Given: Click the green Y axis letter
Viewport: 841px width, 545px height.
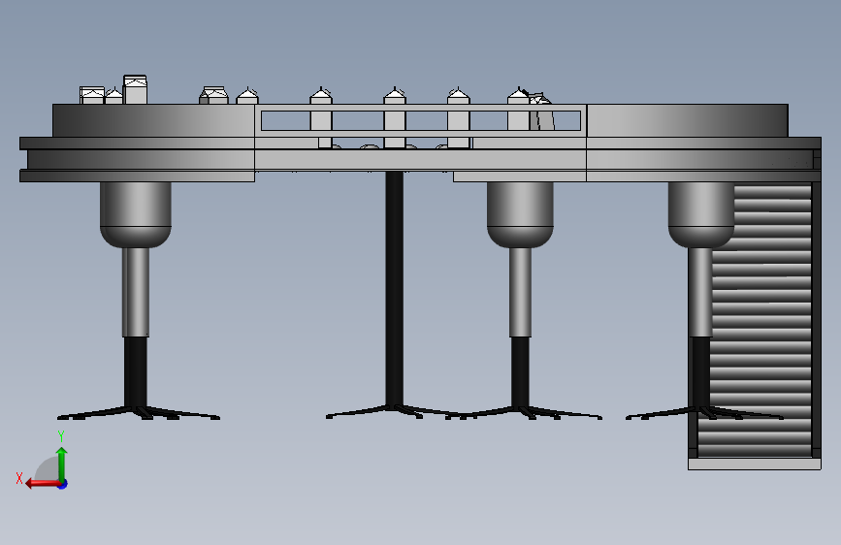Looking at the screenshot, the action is coord(61,436).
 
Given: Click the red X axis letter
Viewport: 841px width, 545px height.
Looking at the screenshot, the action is coord(19,478).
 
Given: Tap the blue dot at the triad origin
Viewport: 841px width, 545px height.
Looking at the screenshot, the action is coord(63,484).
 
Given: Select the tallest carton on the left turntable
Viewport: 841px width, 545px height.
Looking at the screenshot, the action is coord(135,89).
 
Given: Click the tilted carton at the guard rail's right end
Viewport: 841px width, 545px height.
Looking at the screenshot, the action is coord(540,112).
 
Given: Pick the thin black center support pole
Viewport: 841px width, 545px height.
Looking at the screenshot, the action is coord(394,289).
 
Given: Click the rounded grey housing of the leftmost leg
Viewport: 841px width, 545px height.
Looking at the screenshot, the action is coord(136,214).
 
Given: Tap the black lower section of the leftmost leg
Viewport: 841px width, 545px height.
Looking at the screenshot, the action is coord(136,371).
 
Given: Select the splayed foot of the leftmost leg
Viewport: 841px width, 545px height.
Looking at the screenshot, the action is coord(139,412).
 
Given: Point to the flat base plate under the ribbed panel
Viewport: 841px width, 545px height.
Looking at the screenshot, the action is coord(754,464).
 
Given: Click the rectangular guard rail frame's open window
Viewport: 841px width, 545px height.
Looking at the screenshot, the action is coord(421,120).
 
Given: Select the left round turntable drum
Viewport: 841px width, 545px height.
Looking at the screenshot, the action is coord(153,120).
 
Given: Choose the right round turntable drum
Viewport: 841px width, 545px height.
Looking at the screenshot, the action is coord(687,120).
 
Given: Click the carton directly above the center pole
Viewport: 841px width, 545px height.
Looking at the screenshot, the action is coord(395,117).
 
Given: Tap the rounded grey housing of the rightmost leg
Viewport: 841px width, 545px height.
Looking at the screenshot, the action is coord(701,214).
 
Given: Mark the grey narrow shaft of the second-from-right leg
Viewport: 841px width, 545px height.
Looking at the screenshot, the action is coord(520,292).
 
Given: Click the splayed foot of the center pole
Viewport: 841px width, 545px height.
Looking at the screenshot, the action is coord(394,411).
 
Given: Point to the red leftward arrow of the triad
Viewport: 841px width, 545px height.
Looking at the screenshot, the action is coord(44,484).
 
